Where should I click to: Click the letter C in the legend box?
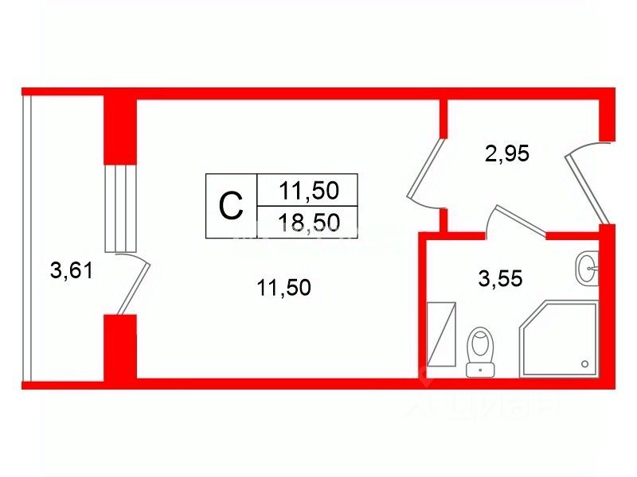point(230,207)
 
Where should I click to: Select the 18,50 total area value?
point(309,223)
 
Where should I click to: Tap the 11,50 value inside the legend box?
point(309,191)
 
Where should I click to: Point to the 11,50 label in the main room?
point(283,288)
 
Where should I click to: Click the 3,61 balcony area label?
point(72,272)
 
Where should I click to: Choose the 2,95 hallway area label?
point(507,153)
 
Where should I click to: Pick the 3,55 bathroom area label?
point(500,280)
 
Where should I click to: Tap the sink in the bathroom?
point(586,268)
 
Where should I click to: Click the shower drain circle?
point(585,364)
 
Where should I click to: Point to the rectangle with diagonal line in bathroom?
point(441,335)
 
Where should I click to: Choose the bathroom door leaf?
point(519,220)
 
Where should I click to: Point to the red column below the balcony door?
point(120,347)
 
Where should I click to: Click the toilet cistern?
point(480,367)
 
